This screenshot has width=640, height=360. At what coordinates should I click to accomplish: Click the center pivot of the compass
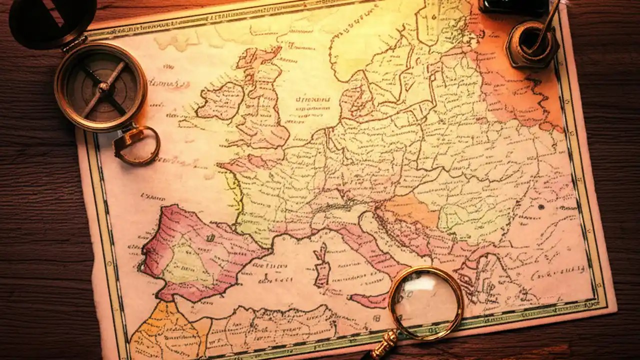(104, 87)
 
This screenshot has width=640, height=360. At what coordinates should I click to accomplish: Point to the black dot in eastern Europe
(540, 206)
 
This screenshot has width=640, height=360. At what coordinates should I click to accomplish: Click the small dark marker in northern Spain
(210, 237)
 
